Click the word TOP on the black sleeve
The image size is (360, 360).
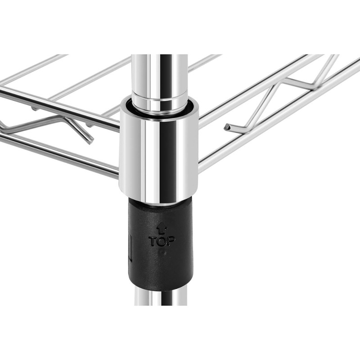pos(162,241)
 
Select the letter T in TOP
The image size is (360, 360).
pos(153,241)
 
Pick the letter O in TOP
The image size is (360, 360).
pos(162,241)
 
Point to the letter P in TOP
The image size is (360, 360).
pos(171,241)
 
